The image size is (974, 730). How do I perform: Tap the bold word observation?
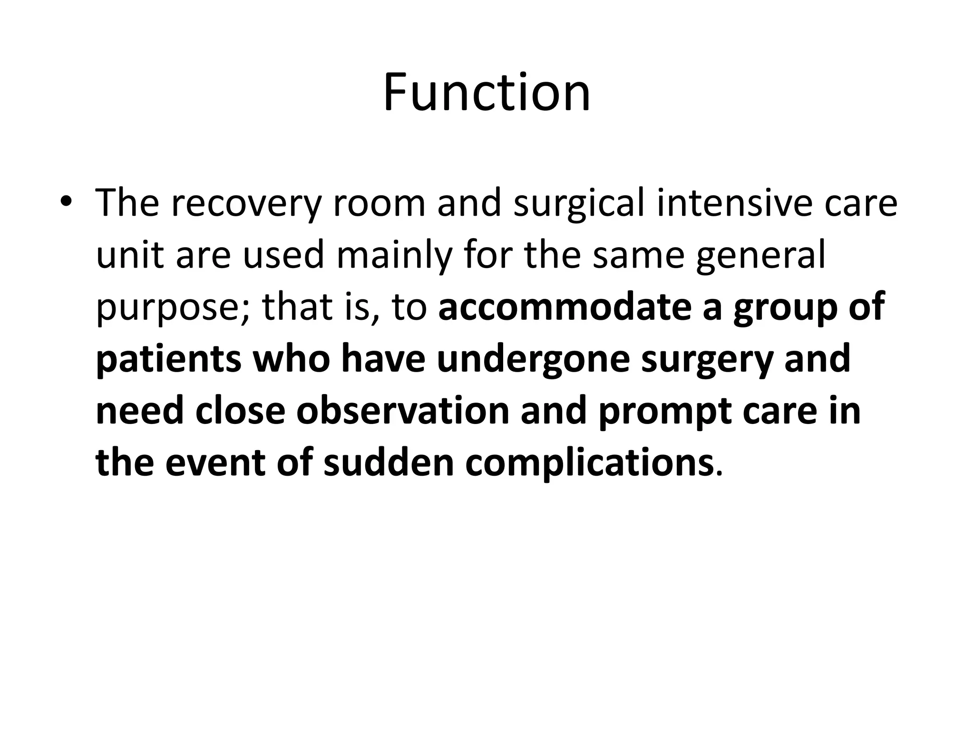pyautogui.click(x=403, y=411)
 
